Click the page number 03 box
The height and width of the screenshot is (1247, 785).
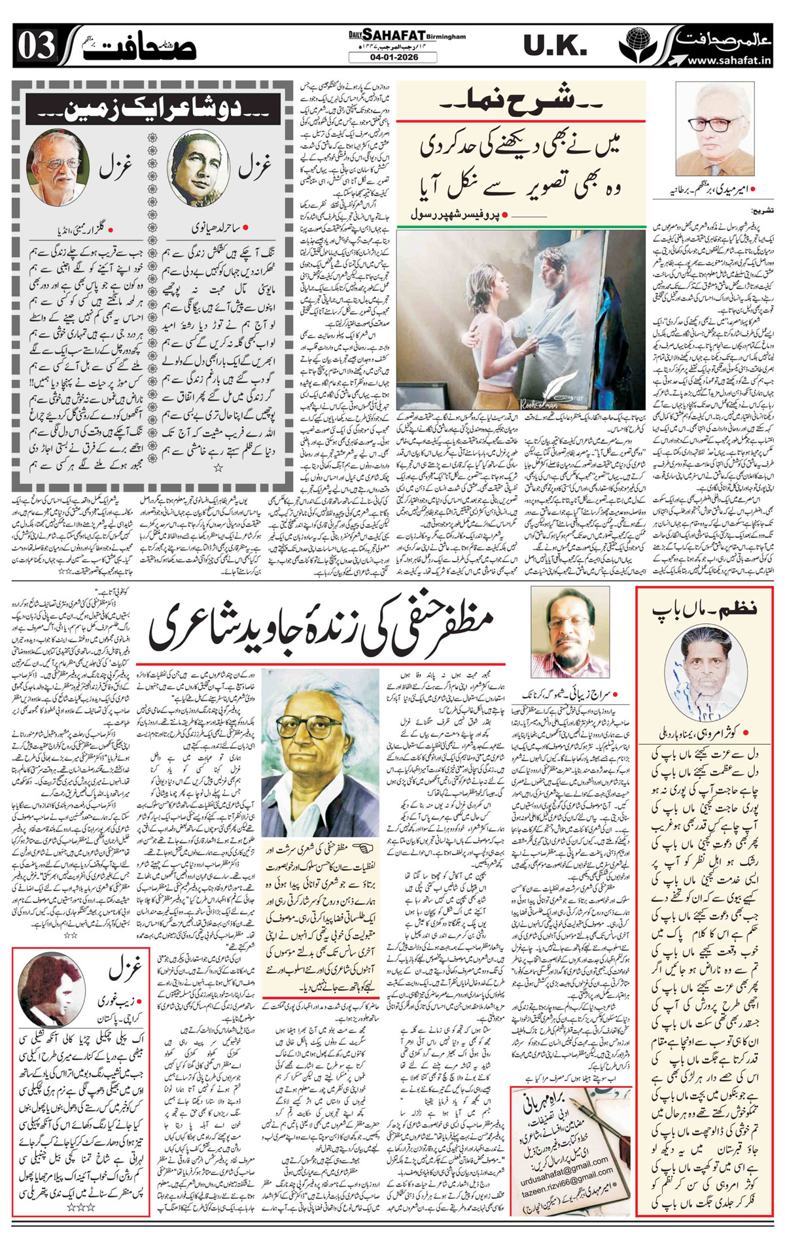coord(37,47)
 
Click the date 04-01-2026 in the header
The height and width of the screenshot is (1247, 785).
coord(392,58)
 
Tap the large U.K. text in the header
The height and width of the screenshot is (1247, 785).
coord(555,46)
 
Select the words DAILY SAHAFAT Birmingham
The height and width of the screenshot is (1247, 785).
coord(406,37)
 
